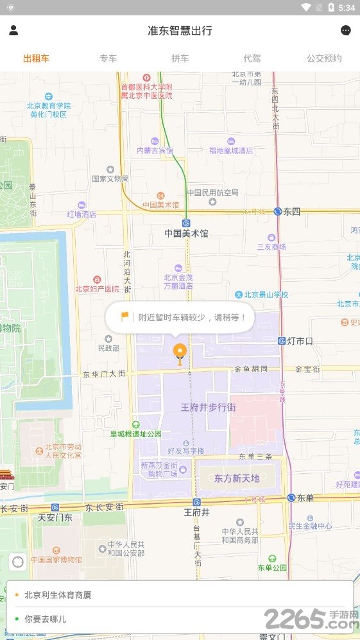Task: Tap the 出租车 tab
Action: [x=36, y=58]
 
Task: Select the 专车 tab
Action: [x=108, y=58]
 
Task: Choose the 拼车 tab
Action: [x=180, y=58]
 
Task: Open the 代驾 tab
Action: [x=252, y=58]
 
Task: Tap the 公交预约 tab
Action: [x=324, y=58]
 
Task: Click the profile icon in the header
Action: [x=13, y=30]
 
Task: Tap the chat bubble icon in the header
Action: [x=346, y=30]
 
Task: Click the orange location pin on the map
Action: [x=180, y=351]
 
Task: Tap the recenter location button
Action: [x=18, y=561]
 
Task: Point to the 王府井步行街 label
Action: [x=208, y=407]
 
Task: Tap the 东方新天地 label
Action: [x=237, y=478]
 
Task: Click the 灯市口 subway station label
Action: [x=299, y=341]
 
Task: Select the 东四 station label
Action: [x=292, y=211]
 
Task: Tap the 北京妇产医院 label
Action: [x=97, y=289]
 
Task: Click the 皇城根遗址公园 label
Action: [x=135, y=434]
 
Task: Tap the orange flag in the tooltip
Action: [x=124, y=316]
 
